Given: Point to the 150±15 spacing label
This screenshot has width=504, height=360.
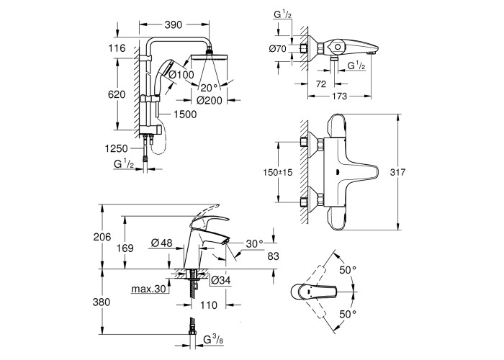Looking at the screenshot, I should pos(276,172).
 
